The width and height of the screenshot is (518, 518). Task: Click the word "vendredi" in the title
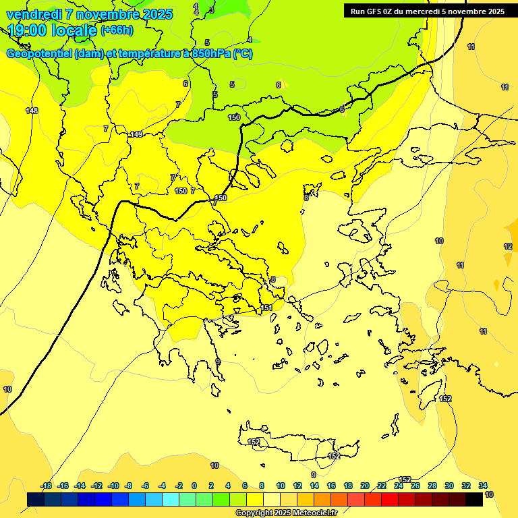(x=34, y=14)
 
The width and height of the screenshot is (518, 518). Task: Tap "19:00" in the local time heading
(x=28, y=30)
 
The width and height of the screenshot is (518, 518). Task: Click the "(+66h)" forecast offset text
(x=117, y=30)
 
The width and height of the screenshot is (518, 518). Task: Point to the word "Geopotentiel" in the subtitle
(x=39, y=54)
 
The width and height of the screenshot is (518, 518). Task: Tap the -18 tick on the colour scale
(x=47, y=486)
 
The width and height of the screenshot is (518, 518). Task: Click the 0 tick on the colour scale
(x=194, y=486)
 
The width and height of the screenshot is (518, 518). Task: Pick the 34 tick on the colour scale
(x=483, y=486)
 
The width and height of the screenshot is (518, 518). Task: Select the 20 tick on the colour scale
(x=365, y=486)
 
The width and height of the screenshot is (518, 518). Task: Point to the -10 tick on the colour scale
(x=113, y=486)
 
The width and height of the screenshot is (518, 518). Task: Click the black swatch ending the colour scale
(x=474, y=499)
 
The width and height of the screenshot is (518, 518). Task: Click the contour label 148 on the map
(x=32, y=111)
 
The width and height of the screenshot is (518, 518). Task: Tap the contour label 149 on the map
(x=136, y=134)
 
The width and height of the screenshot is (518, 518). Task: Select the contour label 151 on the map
(x=266, y=308)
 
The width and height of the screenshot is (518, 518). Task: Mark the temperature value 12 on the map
(x=508, y=246)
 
